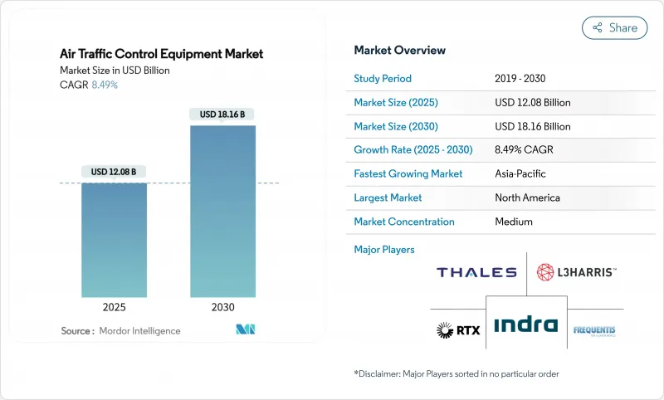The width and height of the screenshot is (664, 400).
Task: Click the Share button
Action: [614, 27]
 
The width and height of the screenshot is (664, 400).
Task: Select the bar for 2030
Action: [222, 211]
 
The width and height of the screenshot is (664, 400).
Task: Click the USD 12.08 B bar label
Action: [115, 172]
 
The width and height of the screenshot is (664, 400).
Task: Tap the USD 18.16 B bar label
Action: [222, 114]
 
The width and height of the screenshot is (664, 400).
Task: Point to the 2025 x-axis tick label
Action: [115, 307]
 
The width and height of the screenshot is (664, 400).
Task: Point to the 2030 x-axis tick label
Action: [222, 307]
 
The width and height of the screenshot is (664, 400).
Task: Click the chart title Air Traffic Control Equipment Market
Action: [162, 54]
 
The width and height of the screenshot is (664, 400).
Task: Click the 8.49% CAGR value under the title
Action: [104, 85]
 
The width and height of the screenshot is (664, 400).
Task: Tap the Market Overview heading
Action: [399, 50]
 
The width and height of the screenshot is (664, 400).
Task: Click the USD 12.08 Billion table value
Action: [532, 103]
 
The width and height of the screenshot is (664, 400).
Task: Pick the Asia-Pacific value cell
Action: [520, 174]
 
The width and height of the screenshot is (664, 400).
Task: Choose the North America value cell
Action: [526, 198]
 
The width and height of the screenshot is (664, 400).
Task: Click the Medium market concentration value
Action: [513, 222]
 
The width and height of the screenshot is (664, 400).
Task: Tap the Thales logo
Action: [476, 272]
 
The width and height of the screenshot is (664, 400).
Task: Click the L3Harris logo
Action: [577, 272]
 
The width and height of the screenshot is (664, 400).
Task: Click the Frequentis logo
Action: [594, 330]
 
